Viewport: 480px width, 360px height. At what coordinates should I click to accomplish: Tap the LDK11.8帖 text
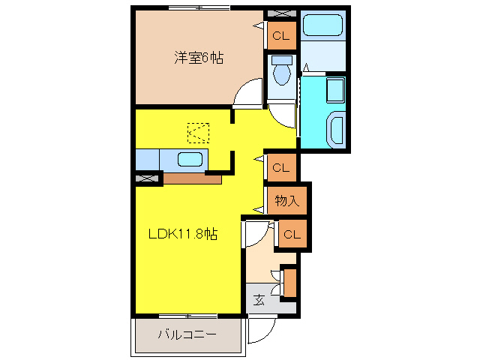click(181, 234)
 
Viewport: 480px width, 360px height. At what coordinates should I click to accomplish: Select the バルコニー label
click(187, 334)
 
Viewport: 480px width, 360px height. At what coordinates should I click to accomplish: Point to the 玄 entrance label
click(259, 299)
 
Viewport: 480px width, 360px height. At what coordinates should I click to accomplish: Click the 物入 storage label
click(286, 200)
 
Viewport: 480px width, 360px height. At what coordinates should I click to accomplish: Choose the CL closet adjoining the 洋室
click(280, 35)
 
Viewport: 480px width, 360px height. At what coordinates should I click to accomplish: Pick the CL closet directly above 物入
click(280, 166)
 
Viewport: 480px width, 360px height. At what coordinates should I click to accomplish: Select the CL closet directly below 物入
click(291, 235)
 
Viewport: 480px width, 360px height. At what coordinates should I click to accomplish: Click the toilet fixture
click(282, 73)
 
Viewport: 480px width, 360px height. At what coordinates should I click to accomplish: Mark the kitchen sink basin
click(190, 159)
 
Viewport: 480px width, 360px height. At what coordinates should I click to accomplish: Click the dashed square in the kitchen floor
click(199, 133)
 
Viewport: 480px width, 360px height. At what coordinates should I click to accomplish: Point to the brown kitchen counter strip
click(192, 179)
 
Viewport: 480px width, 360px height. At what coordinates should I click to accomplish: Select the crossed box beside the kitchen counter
click(148, 178)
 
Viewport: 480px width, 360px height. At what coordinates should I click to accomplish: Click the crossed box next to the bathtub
click(282, 13)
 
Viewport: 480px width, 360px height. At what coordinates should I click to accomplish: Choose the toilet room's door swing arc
click(283, 115)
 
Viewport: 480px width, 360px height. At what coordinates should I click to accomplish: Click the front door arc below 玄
click(262, 328)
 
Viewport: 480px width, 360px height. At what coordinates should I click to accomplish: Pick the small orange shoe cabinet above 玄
click(289, 281)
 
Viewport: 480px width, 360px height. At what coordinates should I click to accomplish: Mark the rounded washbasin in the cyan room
click(335, 129)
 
